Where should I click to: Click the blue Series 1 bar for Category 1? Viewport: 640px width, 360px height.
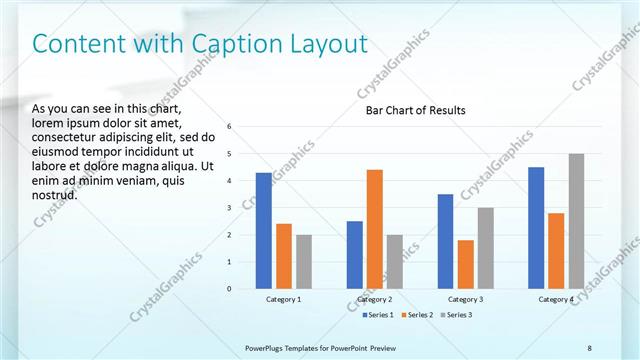point(264,231)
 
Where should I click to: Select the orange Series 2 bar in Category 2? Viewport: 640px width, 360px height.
point(374,229)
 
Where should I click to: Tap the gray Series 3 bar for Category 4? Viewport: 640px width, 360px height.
point(576,221)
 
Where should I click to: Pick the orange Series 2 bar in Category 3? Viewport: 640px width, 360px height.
point(465,264)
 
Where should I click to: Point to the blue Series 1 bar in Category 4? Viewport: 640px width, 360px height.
point(536,228)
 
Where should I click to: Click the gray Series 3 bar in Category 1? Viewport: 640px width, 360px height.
point(304,262)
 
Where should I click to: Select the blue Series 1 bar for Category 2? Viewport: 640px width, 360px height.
point(354,255)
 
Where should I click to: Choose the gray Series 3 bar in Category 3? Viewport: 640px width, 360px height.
point(485,248)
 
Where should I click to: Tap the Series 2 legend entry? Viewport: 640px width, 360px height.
point(415,315)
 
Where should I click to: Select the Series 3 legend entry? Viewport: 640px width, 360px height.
point(455,315)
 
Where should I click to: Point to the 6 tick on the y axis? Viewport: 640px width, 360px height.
point(230,127)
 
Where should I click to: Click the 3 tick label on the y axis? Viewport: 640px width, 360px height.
point(230,208)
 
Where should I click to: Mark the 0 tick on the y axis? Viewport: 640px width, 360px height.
point(230,289)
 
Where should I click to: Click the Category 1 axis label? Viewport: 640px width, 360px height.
point(284,299)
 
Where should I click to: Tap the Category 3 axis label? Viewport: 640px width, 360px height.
point(465,299)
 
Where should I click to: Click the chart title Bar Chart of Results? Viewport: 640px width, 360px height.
point(415,110)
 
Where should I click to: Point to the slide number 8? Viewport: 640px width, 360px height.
point(589,347)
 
